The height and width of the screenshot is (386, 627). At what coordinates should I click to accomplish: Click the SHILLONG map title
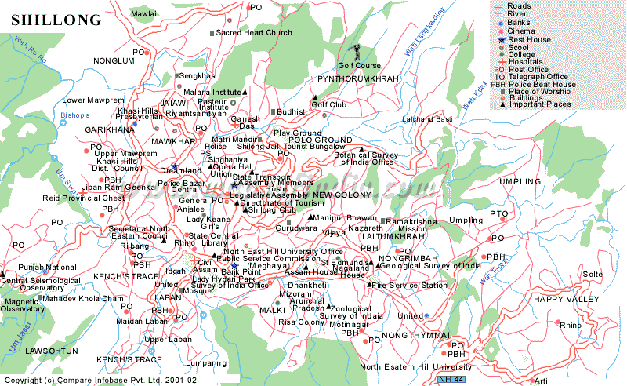coord(56,19)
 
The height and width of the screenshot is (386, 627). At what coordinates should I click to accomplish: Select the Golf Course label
coord(359,65)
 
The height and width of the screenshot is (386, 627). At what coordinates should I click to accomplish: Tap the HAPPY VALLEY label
coord(566,300)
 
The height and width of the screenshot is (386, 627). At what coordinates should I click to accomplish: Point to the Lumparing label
coord(206,363)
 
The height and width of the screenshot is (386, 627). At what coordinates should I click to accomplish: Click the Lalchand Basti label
coord(427,118)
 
